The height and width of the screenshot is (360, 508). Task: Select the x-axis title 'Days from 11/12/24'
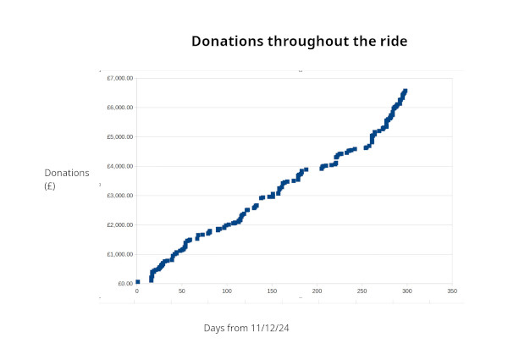pos(253,328)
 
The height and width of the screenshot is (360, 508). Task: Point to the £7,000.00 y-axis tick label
pos(119,78)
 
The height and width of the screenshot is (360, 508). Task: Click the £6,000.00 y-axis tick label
pos(119,108)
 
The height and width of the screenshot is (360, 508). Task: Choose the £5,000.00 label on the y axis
pos(119,136)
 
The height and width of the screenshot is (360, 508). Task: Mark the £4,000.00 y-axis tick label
pos(119,166)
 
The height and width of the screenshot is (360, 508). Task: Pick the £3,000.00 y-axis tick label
pos(119,196)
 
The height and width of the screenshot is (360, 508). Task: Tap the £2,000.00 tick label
pos(119,224)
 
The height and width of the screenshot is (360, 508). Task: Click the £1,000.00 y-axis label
pos(119,254)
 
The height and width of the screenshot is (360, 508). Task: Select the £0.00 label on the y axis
pos(123,284)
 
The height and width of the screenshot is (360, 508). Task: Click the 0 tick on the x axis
pos(136,291)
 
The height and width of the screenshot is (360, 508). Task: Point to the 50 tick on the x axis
pos(181,291)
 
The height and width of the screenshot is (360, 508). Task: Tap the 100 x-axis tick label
pos(226,291)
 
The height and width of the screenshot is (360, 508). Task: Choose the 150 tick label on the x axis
pos(272,291)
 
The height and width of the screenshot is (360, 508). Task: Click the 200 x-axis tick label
pos(317,291)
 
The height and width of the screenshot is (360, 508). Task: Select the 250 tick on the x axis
pos(362,291)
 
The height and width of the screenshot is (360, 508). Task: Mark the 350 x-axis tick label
pos(452,291)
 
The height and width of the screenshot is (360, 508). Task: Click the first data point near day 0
pos(137,282)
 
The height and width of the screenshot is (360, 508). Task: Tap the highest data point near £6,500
pos(406,91)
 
